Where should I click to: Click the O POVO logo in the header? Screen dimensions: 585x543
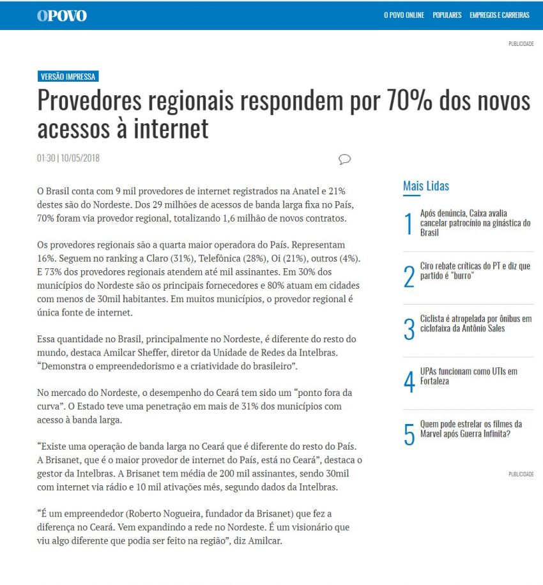pyautogui.click(x=61, y=15)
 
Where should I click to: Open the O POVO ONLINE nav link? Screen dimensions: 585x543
pyautogui.click(x=404, y=15)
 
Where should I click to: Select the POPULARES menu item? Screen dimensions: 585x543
pyautogui.click(x=447, y=15)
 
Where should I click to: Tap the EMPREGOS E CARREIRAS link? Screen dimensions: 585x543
pyautogui.click(x=499, y=15)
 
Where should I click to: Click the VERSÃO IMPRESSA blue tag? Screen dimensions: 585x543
pyautogui.click(x=68, y=77)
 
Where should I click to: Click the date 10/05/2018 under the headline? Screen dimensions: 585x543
pyautogui.click(x=80, y=158)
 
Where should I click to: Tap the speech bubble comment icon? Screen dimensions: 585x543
pyautogui.click(x=344, y=159)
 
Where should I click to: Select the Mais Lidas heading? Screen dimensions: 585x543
pyautogui.click(x=425, y=186)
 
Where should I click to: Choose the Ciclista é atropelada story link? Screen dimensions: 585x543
pyautogui.click(x=475, y=324)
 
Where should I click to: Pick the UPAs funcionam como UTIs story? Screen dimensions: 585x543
pyautogui.click(x=468, y=376)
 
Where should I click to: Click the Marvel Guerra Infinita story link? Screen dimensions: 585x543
pyautogui.click(x=471, y=429)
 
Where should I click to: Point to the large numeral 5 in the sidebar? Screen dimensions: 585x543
pyautogui.click(x=409, y=434)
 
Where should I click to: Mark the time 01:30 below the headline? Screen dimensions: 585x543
pyautogui.click(x=46, y=158)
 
